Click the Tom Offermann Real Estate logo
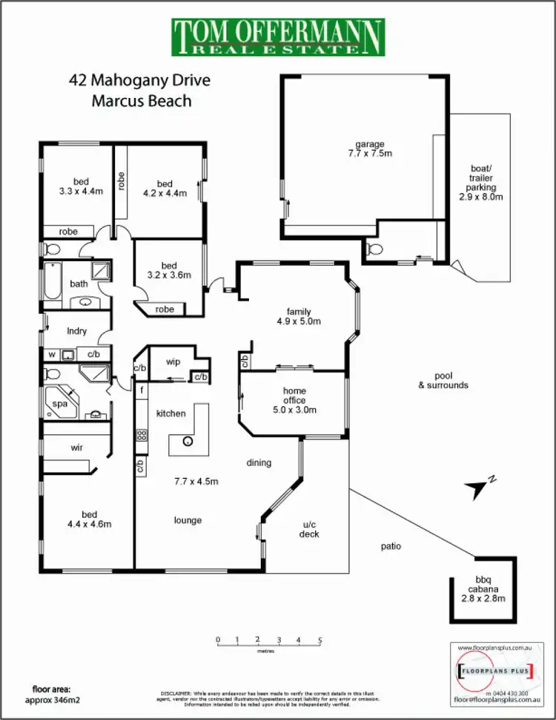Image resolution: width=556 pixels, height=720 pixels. [x=278, y=37]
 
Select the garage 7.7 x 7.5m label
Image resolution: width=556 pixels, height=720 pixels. [x=369, y=148]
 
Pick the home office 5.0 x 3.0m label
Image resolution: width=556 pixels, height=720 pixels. [x=294, y=400]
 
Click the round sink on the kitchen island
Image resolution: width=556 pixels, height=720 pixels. [x=188, y=441]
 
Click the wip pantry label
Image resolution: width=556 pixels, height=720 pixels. [x=173, y=362]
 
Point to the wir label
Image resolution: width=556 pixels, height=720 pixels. [x=76, y=448]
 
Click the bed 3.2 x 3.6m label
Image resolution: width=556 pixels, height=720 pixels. [x=169, y=270]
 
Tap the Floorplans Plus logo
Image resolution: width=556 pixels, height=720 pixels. [x=492, y=672]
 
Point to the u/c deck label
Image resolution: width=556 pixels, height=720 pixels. [x=309, y=529]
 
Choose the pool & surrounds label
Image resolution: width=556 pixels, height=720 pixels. [x=443, y=380]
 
